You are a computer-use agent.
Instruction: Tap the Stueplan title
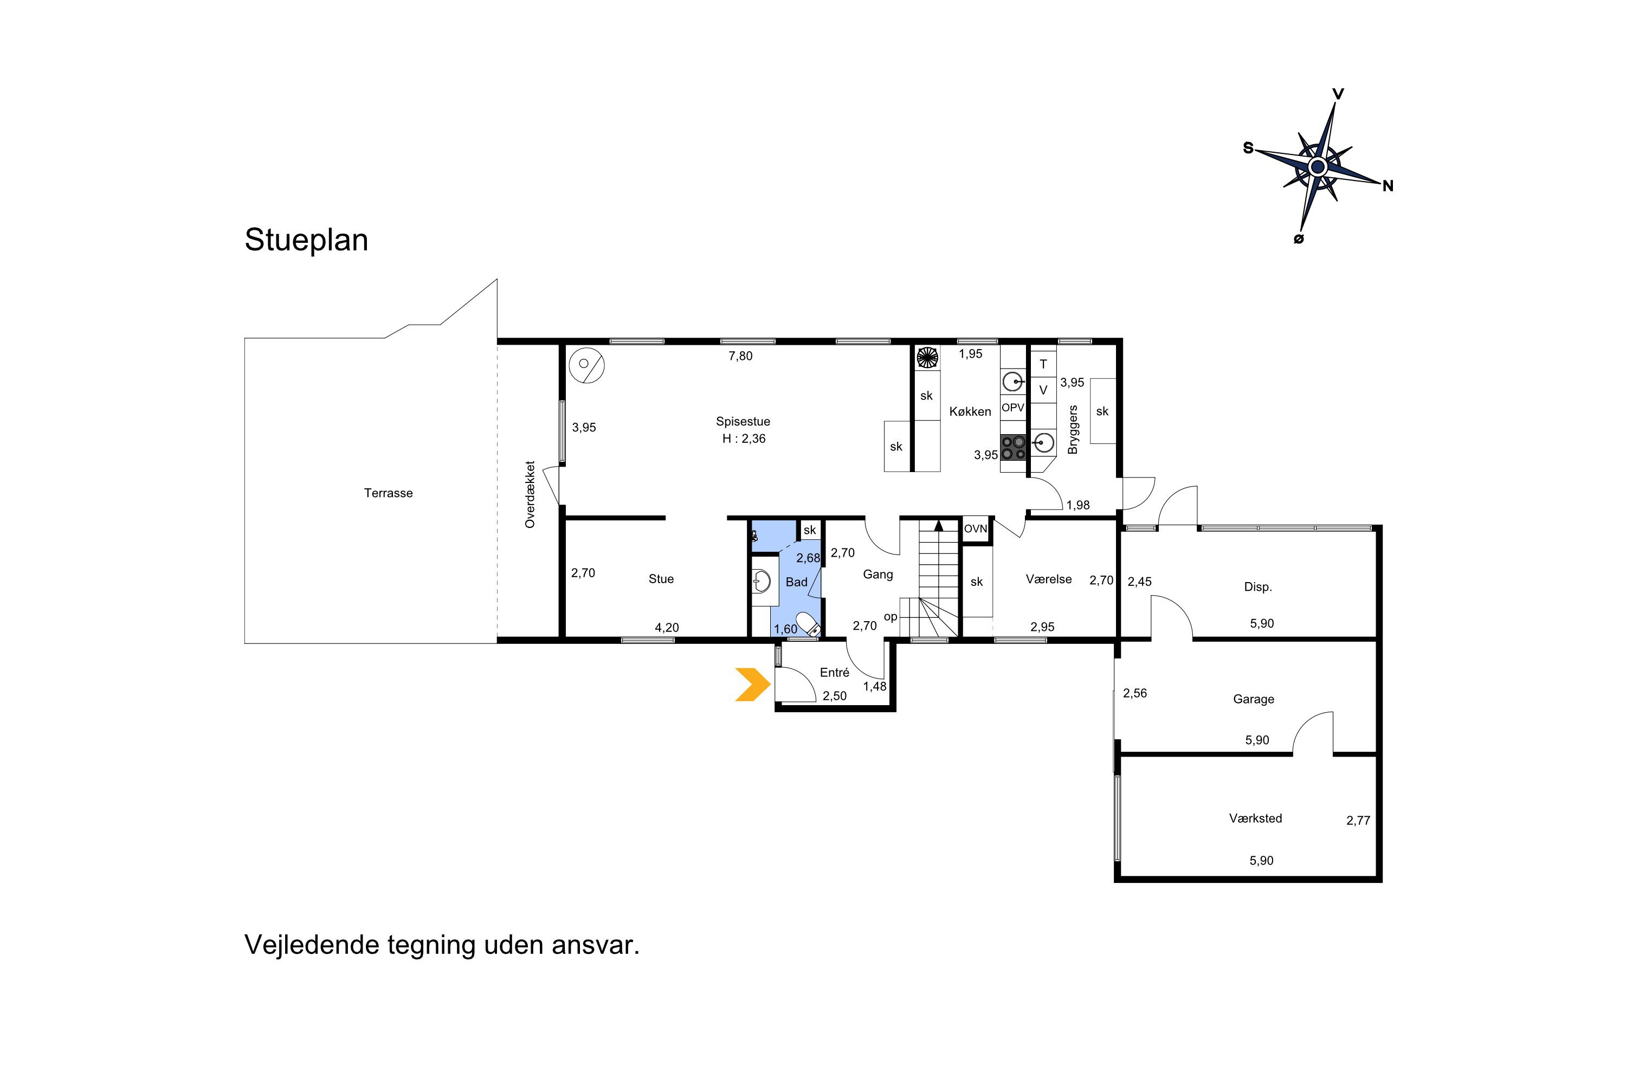pos(306,240)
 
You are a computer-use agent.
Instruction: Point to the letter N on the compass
pos(1388,186)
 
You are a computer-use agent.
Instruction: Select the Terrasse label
pos(389,493)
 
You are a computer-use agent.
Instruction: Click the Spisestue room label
pos(743,421)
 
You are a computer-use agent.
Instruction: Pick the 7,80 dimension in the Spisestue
pos(740,356)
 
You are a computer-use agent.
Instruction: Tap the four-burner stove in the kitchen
pos(1014,447)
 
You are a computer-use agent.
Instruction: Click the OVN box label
pos(976,529)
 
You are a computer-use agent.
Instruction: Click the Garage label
pos(1253,699)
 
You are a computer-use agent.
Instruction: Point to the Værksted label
pos(1255,818)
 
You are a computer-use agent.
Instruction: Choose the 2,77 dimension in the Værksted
pos(1358,821)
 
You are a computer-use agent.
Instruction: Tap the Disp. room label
pos(1258,587)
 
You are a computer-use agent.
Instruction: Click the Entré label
pos(835,672)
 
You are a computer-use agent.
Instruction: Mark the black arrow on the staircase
pos(939,525)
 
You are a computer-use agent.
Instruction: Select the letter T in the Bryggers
pos(1043,364)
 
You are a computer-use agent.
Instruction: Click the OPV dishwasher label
pos(1013,408)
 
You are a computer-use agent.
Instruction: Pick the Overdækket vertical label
pos(530,495)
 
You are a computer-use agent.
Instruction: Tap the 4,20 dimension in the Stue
pos(667,628)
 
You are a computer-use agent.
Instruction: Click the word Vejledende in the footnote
pos(313,945)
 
